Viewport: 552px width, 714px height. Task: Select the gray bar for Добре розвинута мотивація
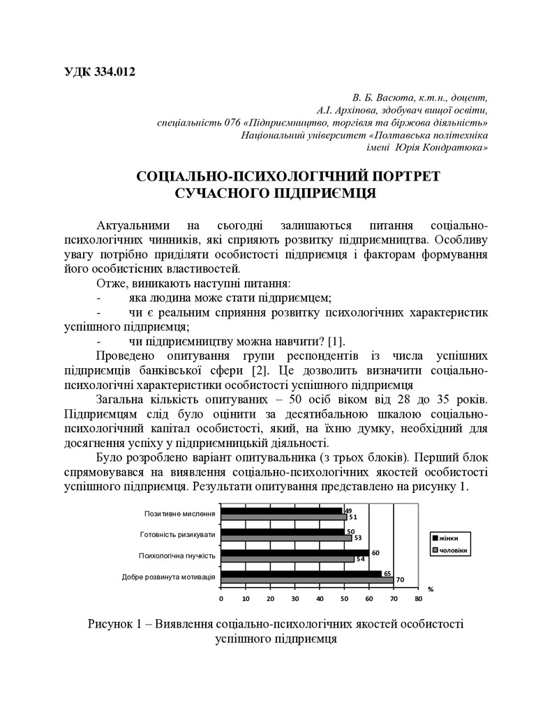(x=307, y=579)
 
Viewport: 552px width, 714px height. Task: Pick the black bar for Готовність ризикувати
(x=282, y=531)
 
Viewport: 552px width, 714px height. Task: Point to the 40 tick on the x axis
(x=319, y=598)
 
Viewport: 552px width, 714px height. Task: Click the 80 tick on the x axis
(x=418, y=598)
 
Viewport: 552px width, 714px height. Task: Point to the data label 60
(x=375, y=552)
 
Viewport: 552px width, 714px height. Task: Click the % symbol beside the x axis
(x=430, y=588)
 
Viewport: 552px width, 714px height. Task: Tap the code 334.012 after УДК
(x=111, y=71)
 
